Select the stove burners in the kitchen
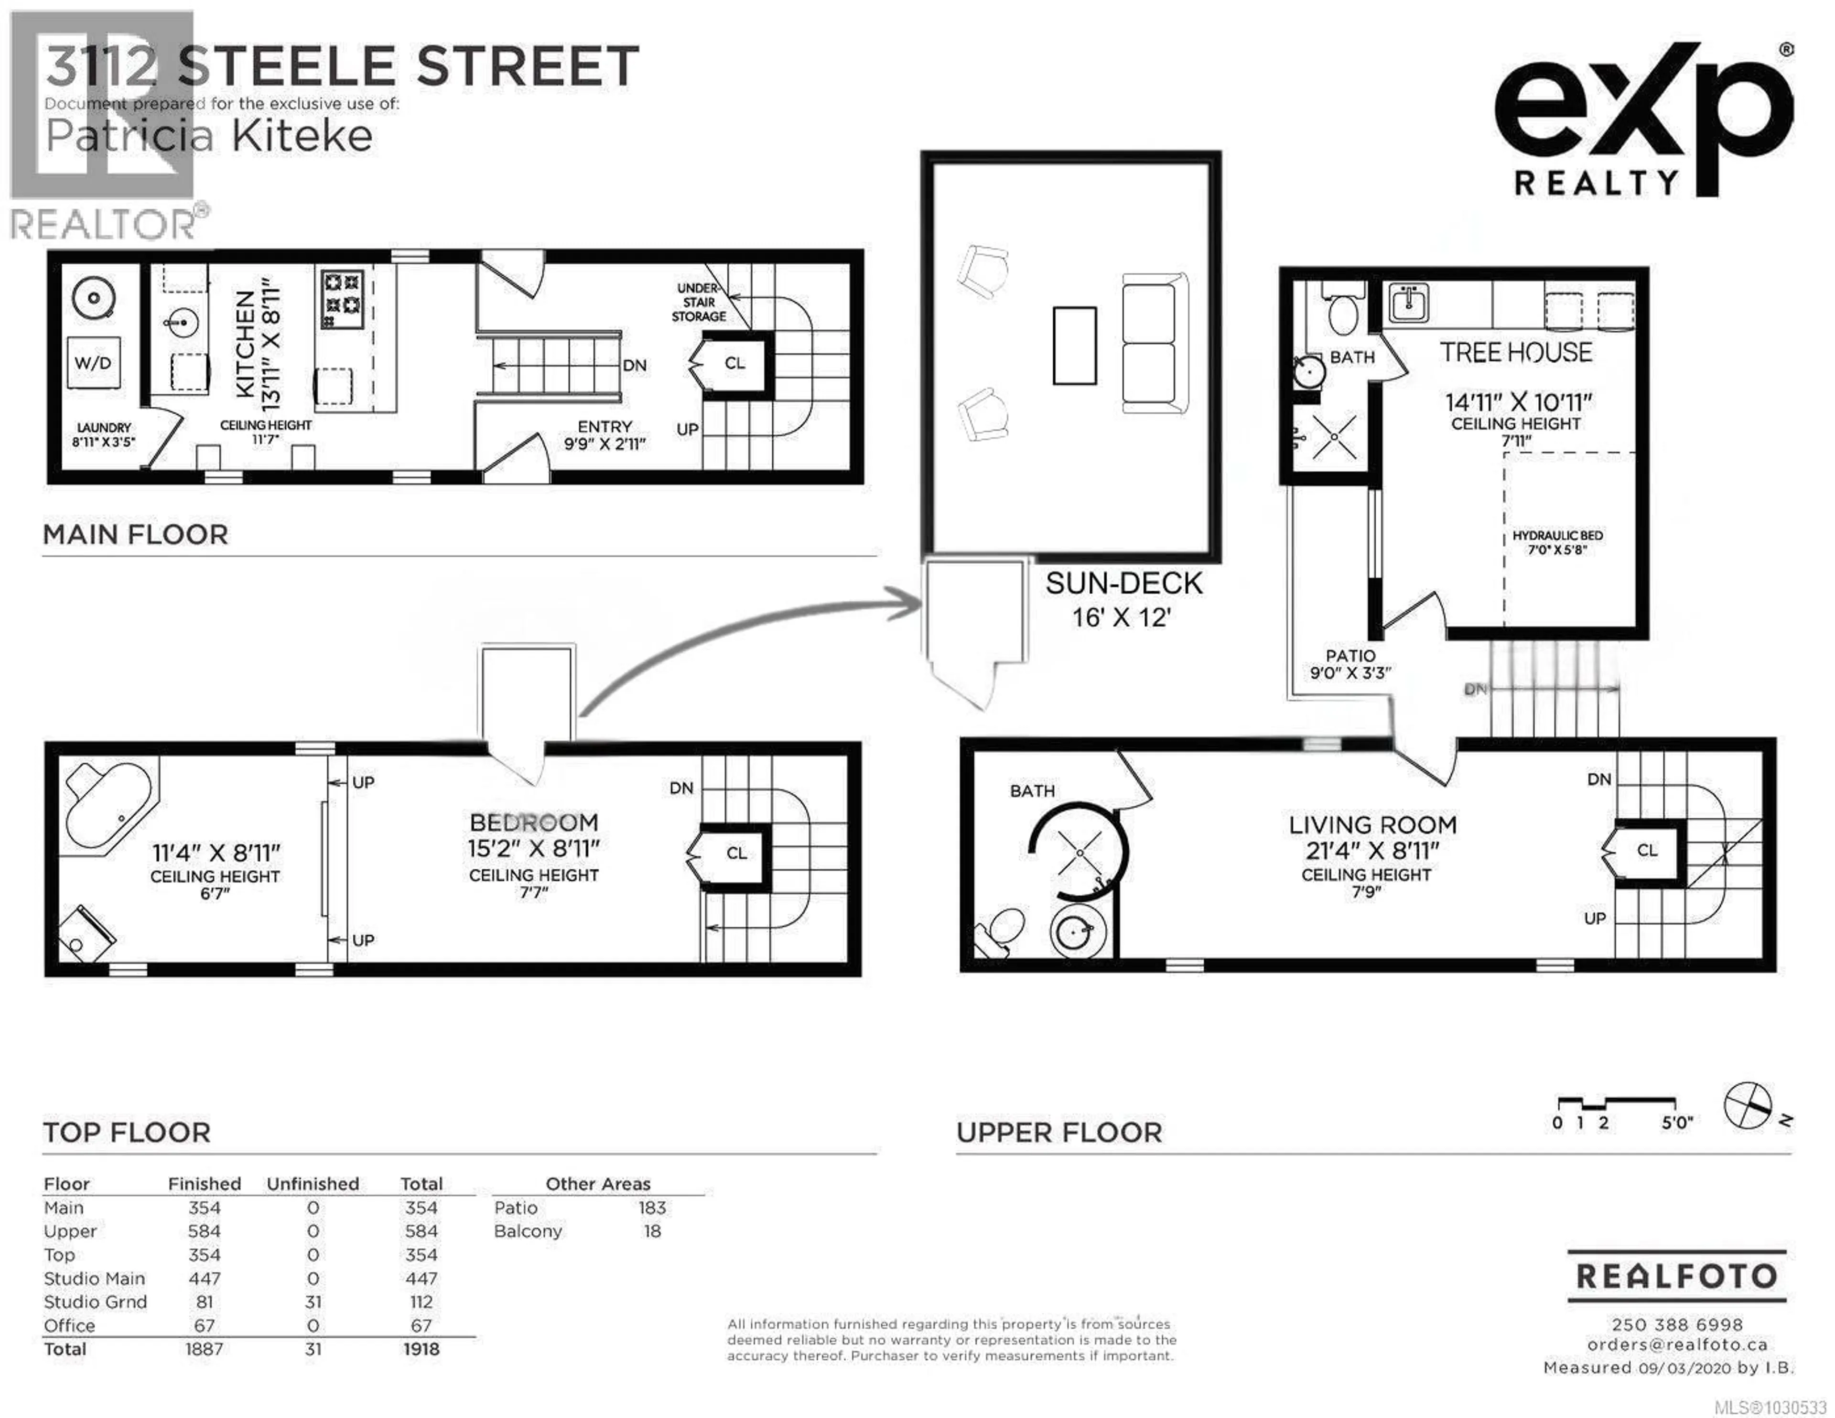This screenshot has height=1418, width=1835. click(x=343, y=298)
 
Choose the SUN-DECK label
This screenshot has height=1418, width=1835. click(x=1123, y=584)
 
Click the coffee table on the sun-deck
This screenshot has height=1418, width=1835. click(x=1075, y=346)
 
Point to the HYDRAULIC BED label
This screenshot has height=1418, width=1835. click(x=1557, y=542)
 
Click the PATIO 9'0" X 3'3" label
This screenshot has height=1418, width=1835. click(x=1350, y=663)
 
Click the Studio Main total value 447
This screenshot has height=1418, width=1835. click(x=421, y=1278)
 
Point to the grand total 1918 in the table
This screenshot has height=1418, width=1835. click(x=421, y=1349)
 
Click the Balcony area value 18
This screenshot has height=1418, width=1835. click(x=652, y=1232)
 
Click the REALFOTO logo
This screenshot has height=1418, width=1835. click(x=1676, y=1276)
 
